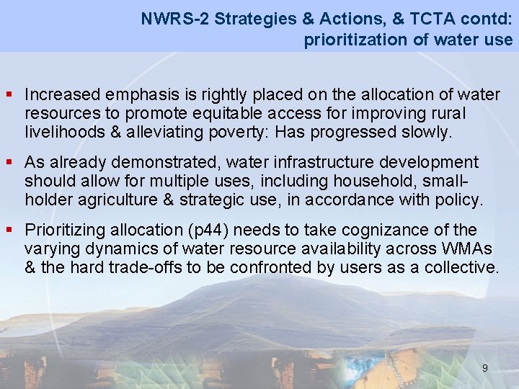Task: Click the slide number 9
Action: coord(484,368)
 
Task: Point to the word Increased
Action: coord(62,94)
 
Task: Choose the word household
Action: coord(364,181)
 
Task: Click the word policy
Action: coord(459,200)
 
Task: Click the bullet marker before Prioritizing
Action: coord(10,230)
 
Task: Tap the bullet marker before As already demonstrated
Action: coord(10,162)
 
